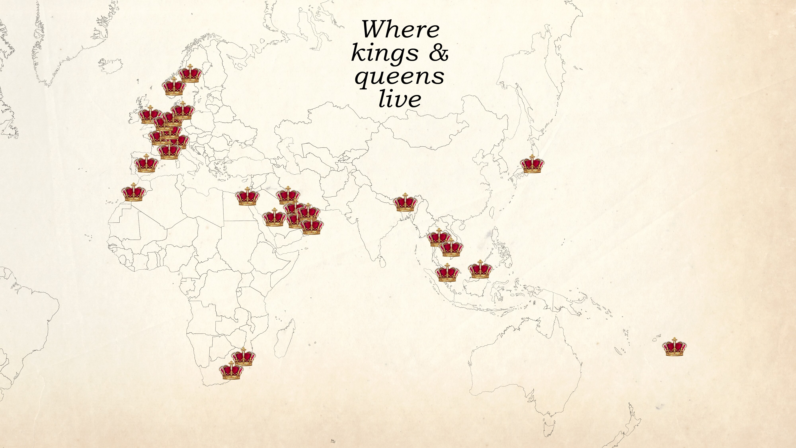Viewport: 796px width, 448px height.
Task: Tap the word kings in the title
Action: [x=385, y=53]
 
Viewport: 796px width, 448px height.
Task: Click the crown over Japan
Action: [x=532, y=164]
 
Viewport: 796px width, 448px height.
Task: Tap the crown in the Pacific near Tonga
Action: [x=674, y=347]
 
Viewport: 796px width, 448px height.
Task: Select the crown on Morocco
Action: [x=133, y=192]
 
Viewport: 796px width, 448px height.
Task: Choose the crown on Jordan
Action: [x=247, y=197]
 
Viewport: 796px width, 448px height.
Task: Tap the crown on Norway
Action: [x=174, y=87]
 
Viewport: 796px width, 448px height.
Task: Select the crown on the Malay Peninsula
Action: [x=447, y=273]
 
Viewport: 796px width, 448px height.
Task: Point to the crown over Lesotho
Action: [x=232, y=371]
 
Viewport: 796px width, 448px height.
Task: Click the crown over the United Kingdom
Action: [x=150, y=115]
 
